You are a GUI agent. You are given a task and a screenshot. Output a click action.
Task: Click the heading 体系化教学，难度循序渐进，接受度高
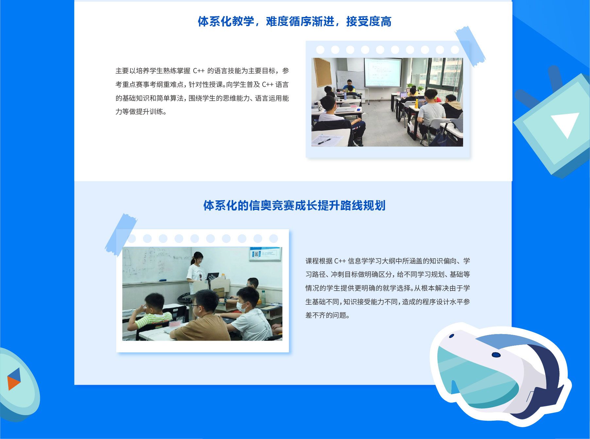294,22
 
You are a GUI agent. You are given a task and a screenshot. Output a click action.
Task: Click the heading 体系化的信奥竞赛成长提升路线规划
294,206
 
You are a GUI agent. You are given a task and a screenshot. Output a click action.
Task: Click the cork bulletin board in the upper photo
322,72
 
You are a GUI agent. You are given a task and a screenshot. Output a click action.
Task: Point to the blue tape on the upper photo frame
470,46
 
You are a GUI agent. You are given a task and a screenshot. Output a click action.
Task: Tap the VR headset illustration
500,374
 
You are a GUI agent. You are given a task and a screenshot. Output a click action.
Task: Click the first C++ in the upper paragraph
199,71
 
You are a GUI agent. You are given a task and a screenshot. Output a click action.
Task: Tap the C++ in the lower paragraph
340,261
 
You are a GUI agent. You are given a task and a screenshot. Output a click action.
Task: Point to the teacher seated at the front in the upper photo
349,86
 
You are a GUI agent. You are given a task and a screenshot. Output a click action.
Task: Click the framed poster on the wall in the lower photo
265,254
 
